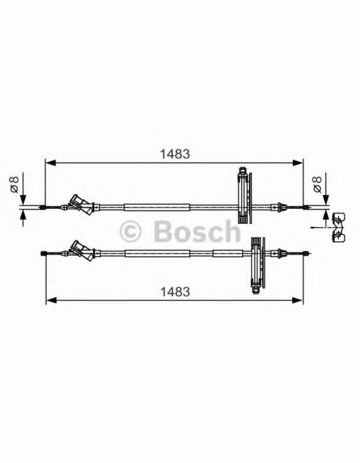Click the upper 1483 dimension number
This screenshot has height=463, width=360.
coord(175,154)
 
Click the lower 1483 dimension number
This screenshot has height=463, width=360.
coord(175,292)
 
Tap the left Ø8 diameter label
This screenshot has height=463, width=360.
coord(14,184)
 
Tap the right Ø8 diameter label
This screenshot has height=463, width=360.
coord(317,184)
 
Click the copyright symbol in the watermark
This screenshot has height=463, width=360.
coord(131,232)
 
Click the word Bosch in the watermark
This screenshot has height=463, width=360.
coord(197,231)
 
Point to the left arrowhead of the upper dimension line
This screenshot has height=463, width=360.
coord(51,163)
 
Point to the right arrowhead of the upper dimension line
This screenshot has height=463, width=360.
coord(297,163)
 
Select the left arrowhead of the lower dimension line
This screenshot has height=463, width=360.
coord(51,300)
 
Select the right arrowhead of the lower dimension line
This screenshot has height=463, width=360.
coord(297,300)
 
